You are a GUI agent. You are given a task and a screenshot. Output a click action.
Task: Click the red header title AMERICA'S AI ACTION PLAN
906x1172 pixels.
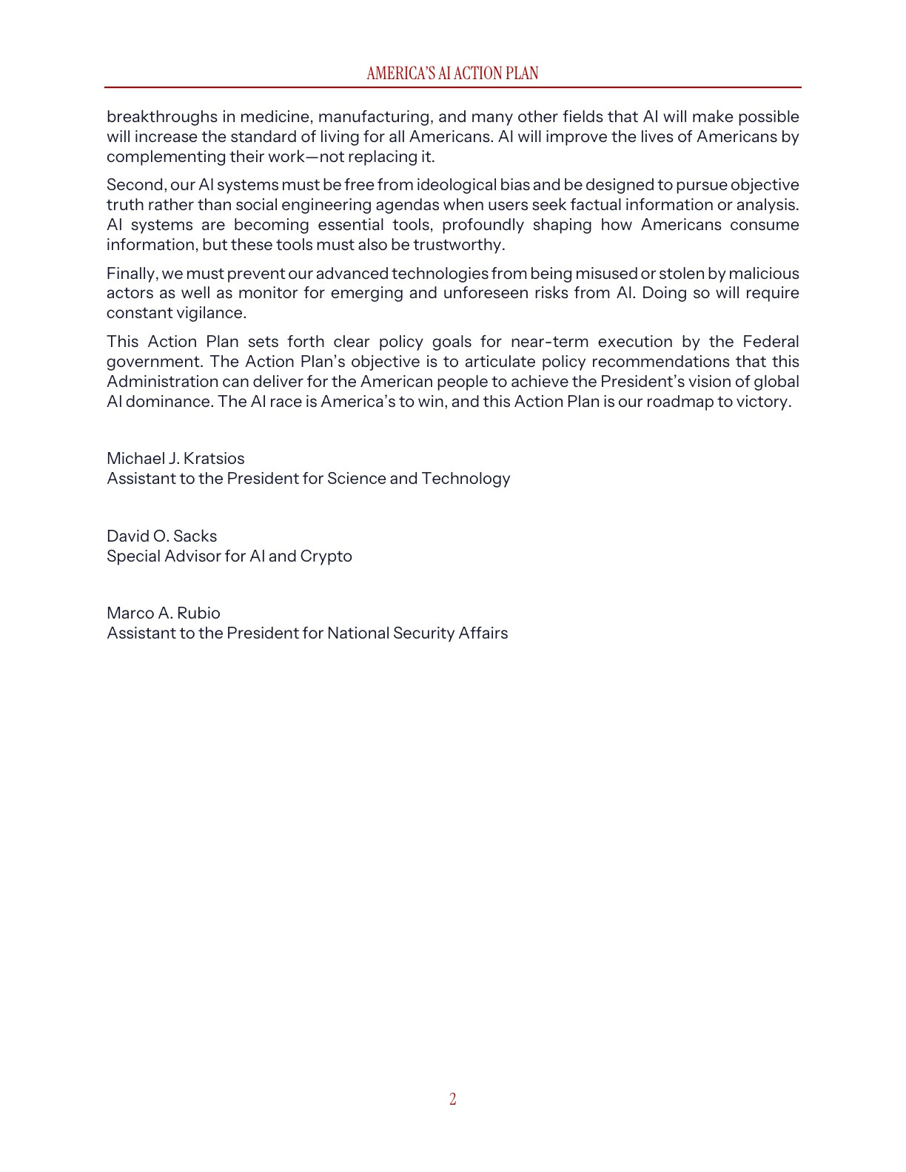coord(452,73)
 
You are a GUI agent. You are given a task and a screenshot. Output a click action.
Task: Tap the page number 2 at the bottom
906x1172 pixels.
coord(453,1099)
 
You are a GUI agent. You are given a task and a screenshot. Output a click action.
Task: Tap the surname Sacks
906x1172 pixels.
coord(195,536)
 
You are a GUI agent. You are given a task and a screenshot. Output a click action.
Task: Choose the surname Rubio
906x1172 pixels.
coord(198,613)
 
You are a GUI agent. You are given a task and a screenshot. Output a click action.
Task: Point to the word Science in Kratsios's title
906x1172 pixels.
coord(356,479)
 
